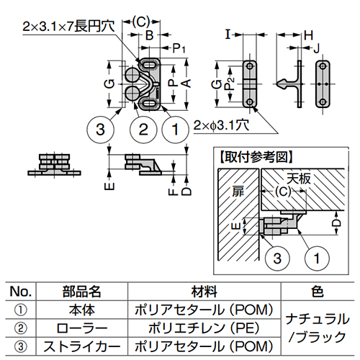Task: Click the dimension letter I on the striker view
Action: [228, 34]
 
